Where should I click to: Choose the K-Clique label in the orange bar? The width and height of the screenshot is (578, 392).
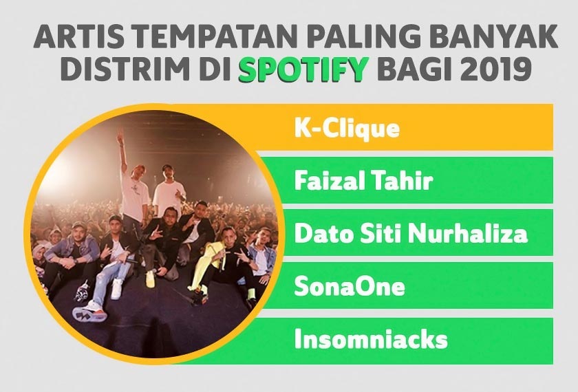(x=347, y=129)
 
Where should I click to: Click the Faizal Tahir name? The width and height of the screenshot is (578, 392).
(x=363, y=182)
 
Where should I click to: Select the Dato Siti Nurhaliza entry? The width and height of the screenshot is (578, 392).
(x=411, y=234)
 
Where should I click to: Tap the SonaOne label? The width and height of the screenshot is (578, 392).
(x=350, y=287)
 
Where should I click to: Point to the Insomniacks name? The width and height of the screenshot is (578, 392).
(x=371, y=339)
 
